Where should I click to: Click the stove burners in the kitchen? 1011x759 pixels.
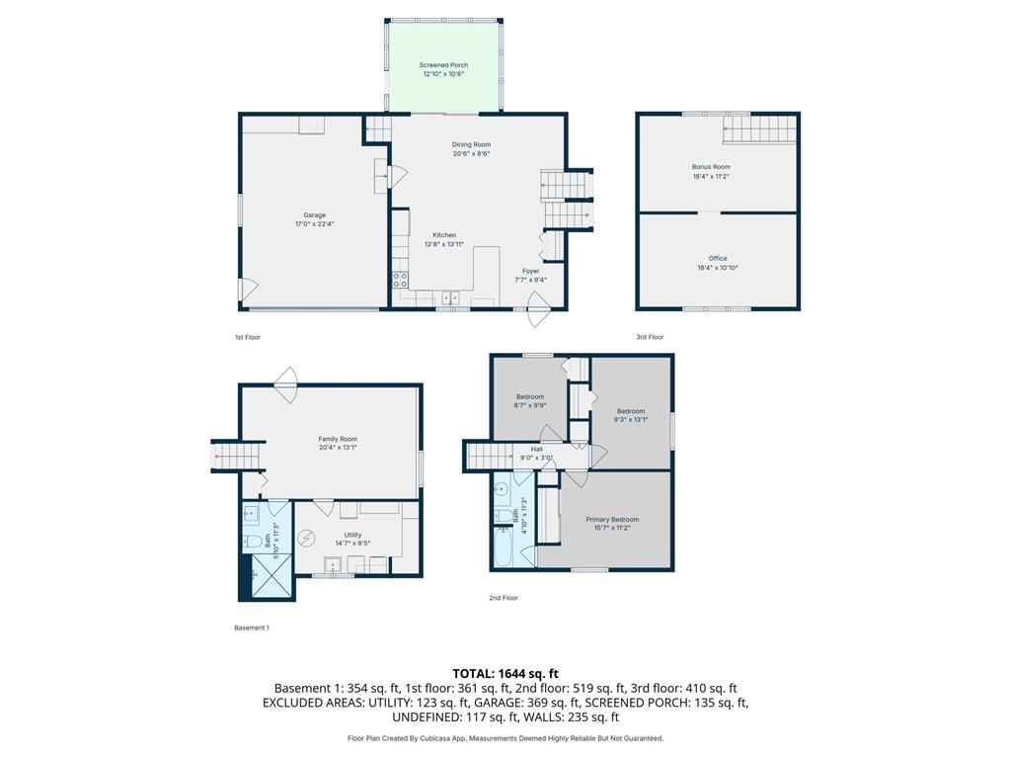[x=400, y=280]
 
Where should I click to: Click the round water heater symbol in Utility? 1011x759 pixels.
[x=307, y=537]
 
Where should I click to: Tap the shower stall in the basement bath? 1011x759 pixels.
[x=271, y=576]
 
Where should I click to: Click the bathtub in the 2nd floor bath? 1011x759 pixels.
[x=503, y=548]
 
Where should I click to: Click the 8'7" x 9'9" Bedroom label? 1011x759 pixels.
[x=530, y=401]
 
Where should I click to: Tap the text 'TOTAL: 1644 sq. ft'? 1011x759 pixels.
[x=505, y=674]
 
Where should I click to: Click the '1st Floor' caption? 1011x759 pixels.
[x=248, y=337]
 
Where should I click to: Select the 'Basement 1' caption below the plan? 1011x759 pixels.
[x=252, y=628]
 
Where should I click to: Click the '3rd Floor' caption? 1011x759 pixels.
[x=650, y=337]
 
